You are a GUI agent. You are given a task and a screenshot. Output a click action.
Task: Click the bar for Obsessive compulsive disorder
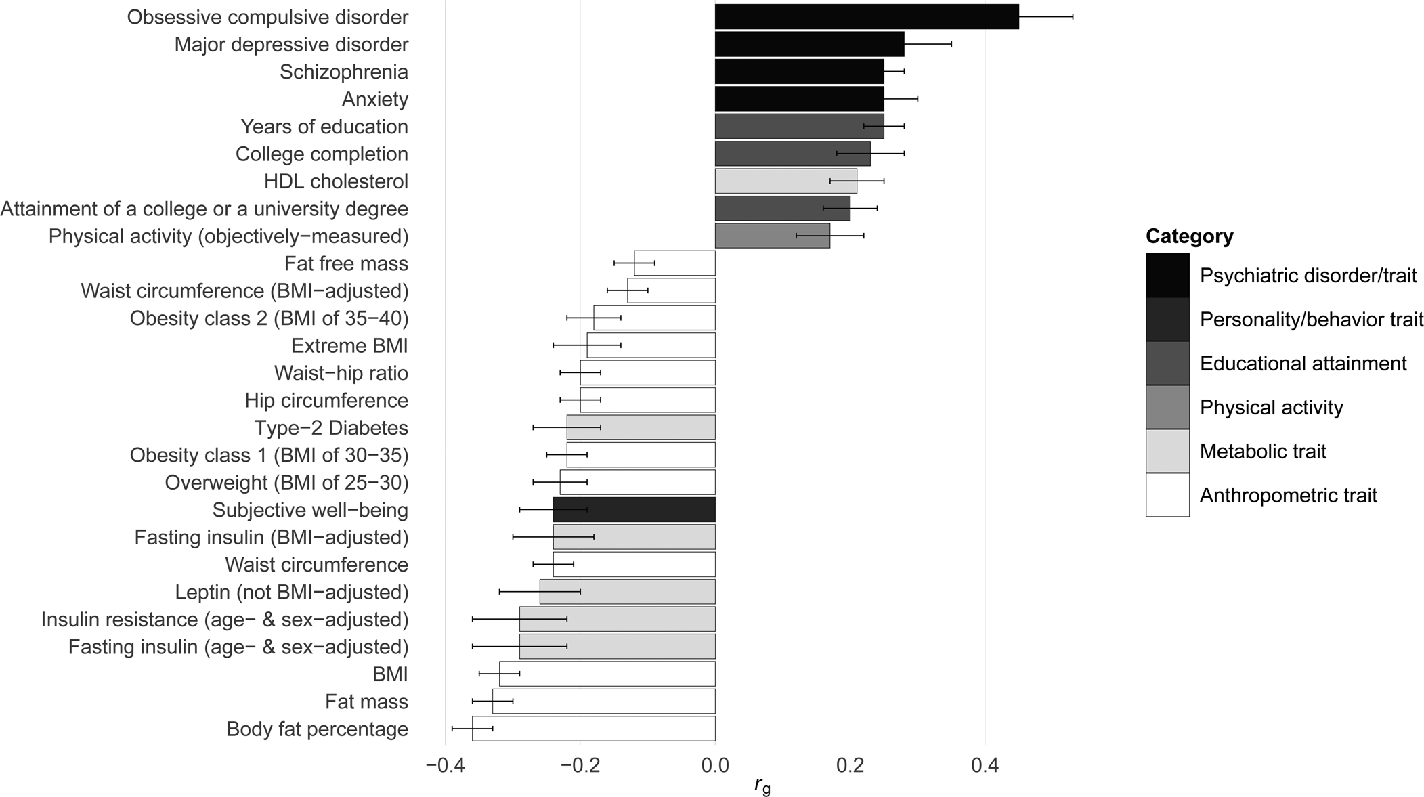[x=867, y=17]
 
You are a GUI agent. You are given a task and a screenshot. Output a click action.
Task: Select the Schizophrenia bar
[x=799, y=72]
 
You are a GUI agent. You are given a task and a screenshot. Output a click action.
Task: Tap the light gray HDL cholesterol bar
[x=785, y=181]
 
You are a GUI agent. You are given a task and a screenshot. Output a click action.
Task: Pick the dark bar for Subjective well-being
[x=634, y=510]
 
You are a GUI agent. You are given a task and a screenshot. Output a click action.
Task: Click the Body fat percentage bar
[x=593, y=729]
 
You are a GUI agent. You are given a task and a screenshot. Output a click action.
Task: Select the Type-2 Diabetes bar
[x=641, y=428]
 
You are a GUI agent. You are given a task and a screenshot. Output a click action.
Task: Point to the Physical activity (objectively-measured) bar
[x=772, y=236]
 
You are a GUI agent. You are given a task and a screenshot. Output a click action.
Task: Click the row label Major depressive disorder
[x=291, y=45]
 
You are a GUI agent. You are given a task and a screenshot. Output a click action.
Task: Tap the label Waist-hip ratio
[x=341, y=373]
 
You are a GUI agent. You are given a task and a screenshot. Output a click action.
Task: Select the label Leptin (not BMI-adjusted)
[x=291, y=593]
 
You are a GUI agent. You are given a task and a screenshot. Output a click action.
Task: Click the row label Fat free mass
[x=346, y=263]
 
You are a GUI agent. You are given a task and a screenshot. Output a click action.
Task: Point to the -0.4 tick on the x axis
[x=445, y=766]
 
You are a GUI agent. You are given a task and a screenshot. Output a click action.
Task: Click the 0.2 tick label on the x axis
[x=850, y=766]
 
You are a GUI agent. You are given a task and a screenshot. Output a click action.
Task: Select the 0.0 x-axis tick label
[x=715, y=766]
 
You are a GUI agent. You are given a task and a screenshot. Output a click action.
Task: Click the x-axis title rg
[x=762, y=786]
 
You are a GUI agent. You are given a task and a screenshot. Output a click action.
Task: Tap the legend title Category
[x=1189, y=236]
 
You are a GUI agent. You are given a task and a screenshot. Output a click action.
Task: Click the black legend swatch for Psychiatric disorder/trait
[x=1167, y=276]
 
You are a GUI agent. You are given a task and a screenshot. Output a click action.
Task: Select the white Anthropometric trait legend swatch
[x=1167, y=495]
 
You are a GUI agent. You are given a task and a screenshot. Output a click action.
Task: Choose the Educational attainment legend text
[x=1303, y=364]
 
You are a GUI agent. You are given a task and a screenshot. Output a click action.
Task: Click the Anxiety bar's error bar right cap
[x=918, y=99]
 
